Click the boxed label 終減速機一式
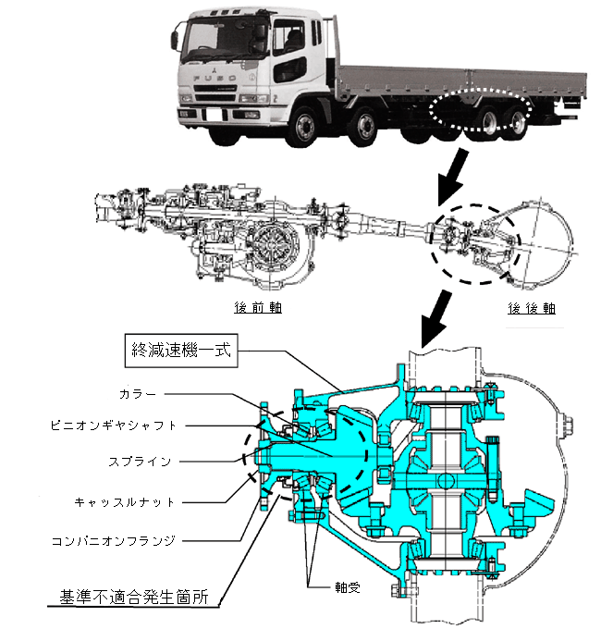click(181, 351)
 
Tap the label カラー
click(138, 394)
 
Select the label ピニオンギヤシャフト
click(113, 425)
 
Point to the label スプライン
click(140, 462)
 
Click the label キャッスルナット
click(125, 502)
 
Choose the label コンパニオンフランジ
click(114, 541)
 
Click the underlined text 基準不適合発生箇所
click(134, 597)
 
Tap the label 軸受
click(348, 587)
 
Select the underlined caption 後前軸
click(258, 308)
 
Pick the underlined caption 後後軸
click(532, 308)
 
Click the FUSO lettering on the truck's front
click(215, 79)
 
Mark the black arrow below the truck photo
click(452, 176)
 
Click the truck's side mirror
click(175, 41)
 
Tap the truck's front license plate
click(212, 114)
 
